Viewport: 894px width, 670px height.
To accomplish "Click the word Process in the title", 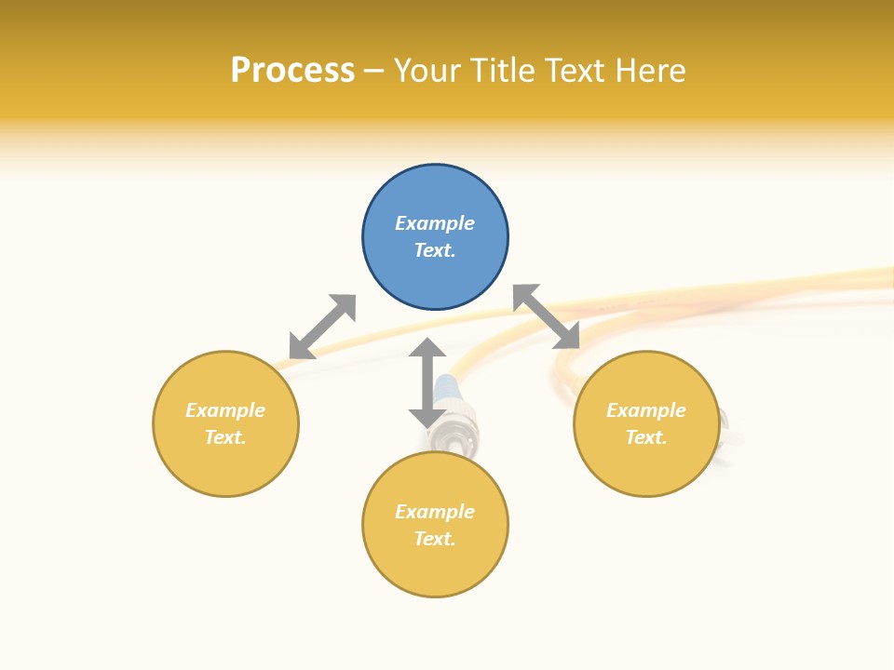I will (x=292, y=71).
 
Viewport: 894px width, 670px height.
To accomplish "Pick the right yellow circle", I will (x=646, y=465).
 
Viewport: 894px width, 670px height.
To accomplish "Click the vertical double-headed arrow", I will (x=427, y=382).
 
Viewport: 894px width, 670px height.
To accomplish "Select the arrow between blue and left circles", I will (x=322, y=327).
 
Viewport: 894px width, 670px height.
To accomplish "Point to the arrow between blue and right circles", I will (x=547, y=316).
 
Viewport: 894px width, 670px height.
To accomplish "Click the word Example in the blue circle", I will (x=435, y=223).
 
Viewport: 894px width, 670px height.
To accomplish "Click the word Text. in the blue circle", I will (x=435, y=250).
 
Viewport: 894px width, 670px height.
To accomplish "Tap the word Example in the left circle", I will (x=225, y=410).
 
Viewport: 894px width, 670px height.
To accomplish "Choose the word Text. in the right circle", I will (x=646, y=437).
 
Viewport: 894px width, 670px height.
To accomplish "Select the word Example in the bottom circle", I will (x=435, y=512).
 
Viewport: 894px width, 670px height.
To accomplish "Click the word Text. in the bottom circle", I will (x=435, y=539).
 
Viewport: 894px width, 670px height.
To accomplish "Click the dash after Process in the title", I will (x=373, y=71).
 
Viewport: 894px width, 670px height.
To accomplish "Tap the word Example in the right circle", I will (x=646, y=410).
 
